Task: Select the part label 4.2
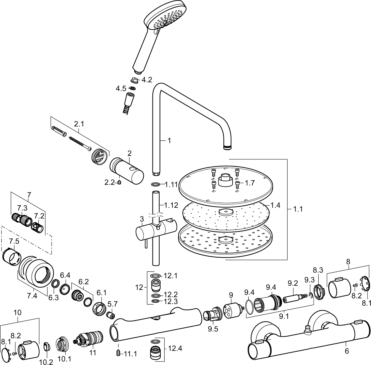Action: [147, 80]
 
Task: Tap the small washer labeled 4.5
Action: [132, 88]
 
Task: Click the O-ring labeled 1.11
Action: [156, 184]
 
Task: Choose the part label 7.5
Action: [14, 241]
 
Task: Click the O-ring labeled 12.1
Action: [156, 276]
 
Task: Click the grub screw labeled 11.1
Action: [118, 353]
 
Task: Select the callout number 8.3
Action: [318, 270]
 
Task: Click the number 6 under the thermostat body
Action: [347, 351]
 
